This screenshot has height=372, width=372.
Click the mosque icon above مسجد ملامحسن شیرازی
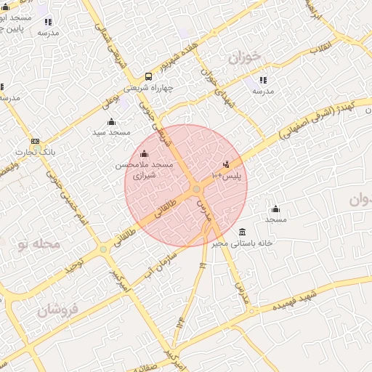tap(144, 153)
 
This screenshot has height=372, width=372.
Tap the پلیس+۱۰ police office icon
tap(227, 164)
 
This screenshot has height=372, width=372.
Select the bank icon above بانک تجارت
tap(35, 142)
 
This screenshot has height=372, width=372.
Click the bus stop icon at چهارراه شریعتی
tap(148, 76)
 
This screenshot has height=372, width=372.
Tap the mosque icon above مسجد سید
tap(111, 121)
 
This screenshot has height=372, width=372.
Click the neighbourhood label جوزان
tap(243, 57)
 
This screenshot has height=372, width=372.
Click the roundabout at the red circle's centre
tap(197, 190)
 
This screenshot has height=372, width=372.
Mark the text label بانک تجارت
tap(36, 153)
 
